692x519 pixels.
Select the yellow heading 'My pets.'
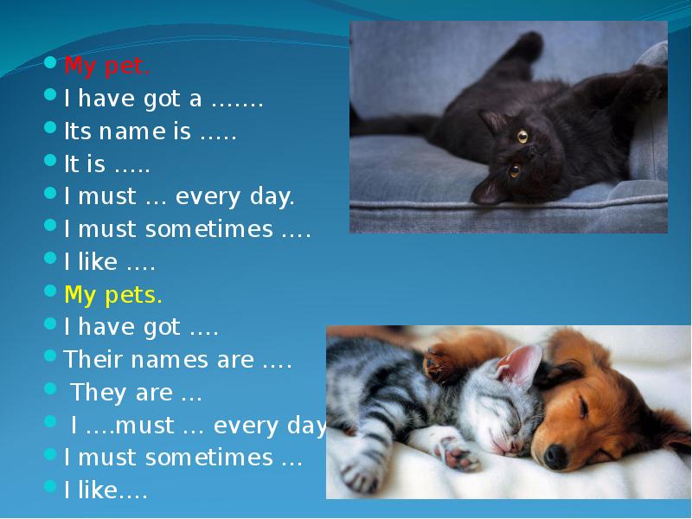click(x=113, y=295)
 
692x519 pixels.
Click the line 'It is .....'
click(x=106, y=165)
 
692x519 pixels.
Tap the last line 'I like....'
click(x=106, y=491)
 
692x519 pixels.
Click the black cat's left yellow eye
click(x=522, y=136)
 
